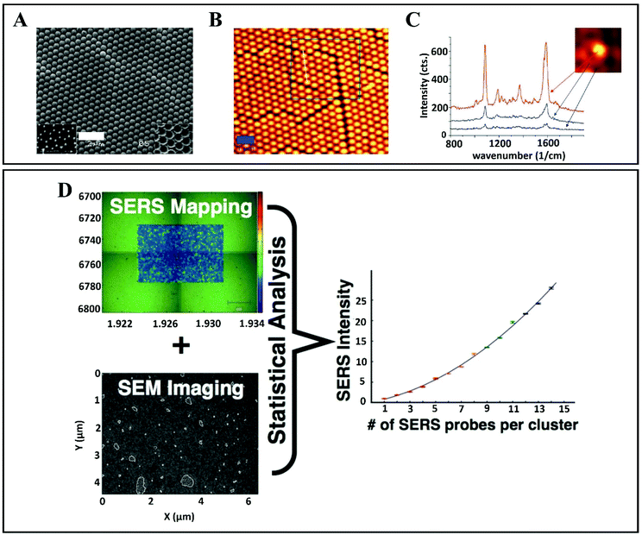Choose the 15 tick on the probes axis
point(564,410)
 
